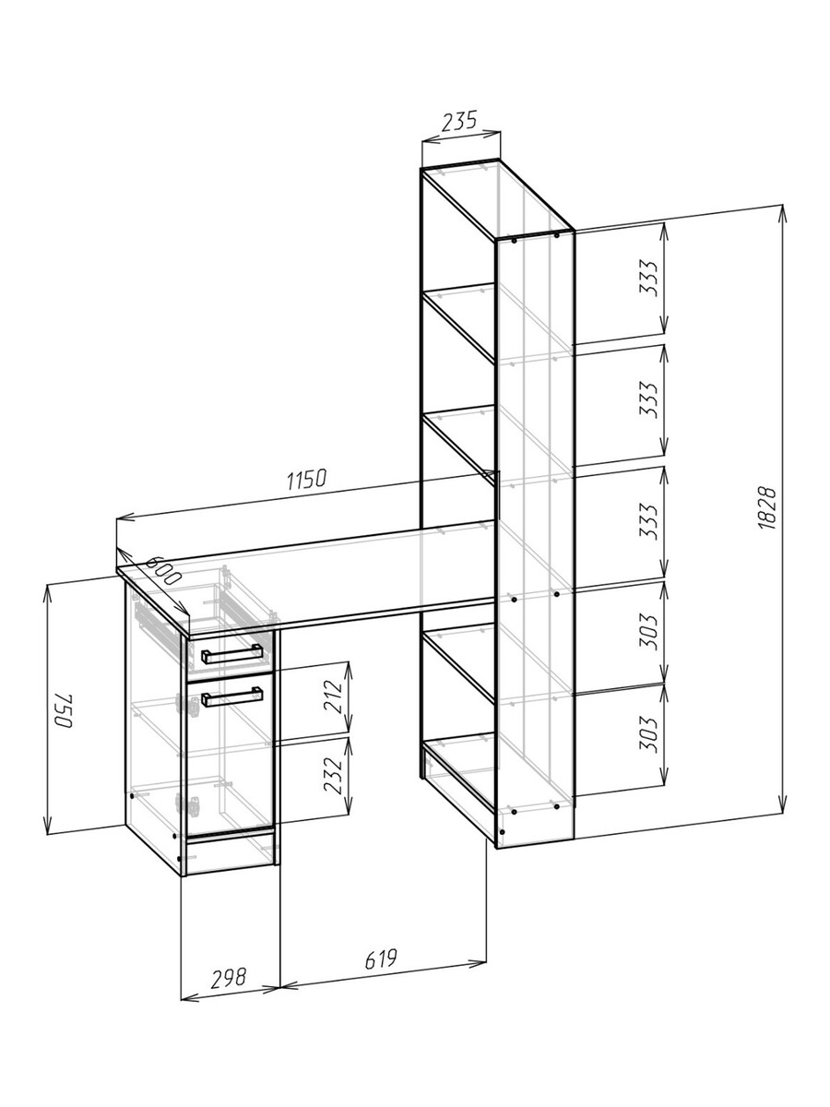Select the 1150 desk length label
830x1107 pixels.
pyautogui.click(x=307, y=479)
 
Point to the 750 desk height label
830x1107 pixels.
pyautogui.click(x=64, y=711)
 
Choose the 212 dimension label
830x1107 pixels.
pyautogui.click(x=333, y=696)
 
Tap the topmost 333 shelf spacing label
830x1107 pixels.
pyautogui.click(x=648, y=278)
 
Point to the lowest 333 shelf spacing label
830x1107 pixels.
pyautogui.click(x=648, y=521)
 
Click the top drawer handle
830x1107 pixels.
pyautogui.click(x=231, y=654)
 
